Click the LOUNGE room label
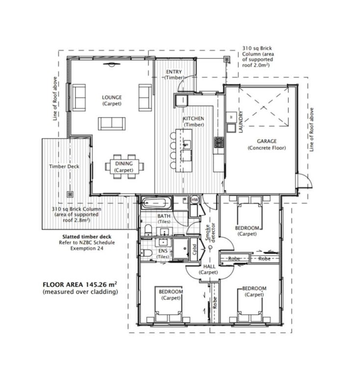[x=112, y=98]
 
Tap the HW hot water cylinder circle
[x=194, y=200]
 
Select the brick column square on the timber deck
[x=70, y=194]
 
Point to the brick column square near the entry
[x=227, y=59]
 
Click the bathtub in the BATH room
[x=156, y=203]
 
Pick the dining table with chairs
[x=125, y=167]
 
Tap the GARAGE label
[x=267, y=141]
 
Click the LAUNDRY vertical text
[x=241, y=122]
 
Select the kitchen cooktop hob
[x=219, y=142]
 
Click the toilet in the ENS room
[x=146, y=253]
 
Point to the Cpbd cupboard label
[x=195, y=249]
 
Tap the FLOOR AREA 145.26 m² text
[x=80, y=285]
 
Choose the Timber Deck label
[x=64, y=167]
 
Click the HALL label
[x=209, y=267]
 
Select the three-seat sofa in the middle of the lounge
[x=111, y=123]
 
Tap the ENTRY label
[x=174, y=72]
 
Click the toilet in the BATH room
[x=148, y=229]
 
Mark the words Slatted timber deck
[x=87, y=237]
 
